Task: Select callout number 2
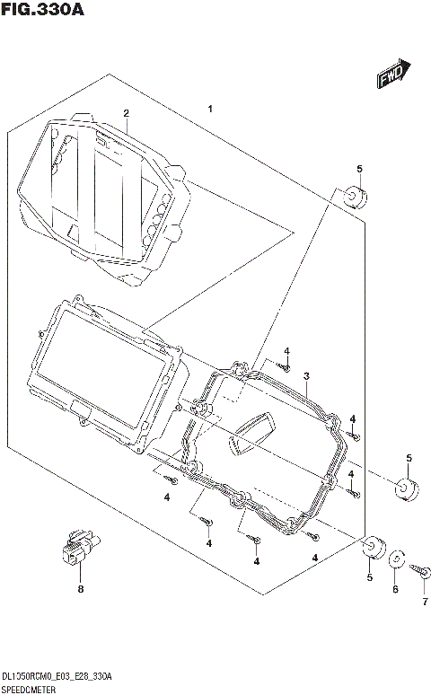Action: click(x=127, y=113)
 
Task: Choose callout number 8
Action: click(x=80, y=589)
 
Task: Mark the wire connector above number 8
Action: click(x=79, y=549)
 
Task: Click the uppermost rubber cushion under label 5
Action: click(x=353, y=197)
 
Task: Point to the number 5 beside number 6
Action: click(x=368, y=578)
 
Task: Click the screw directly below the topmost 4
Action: click(x=285, y=365)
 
